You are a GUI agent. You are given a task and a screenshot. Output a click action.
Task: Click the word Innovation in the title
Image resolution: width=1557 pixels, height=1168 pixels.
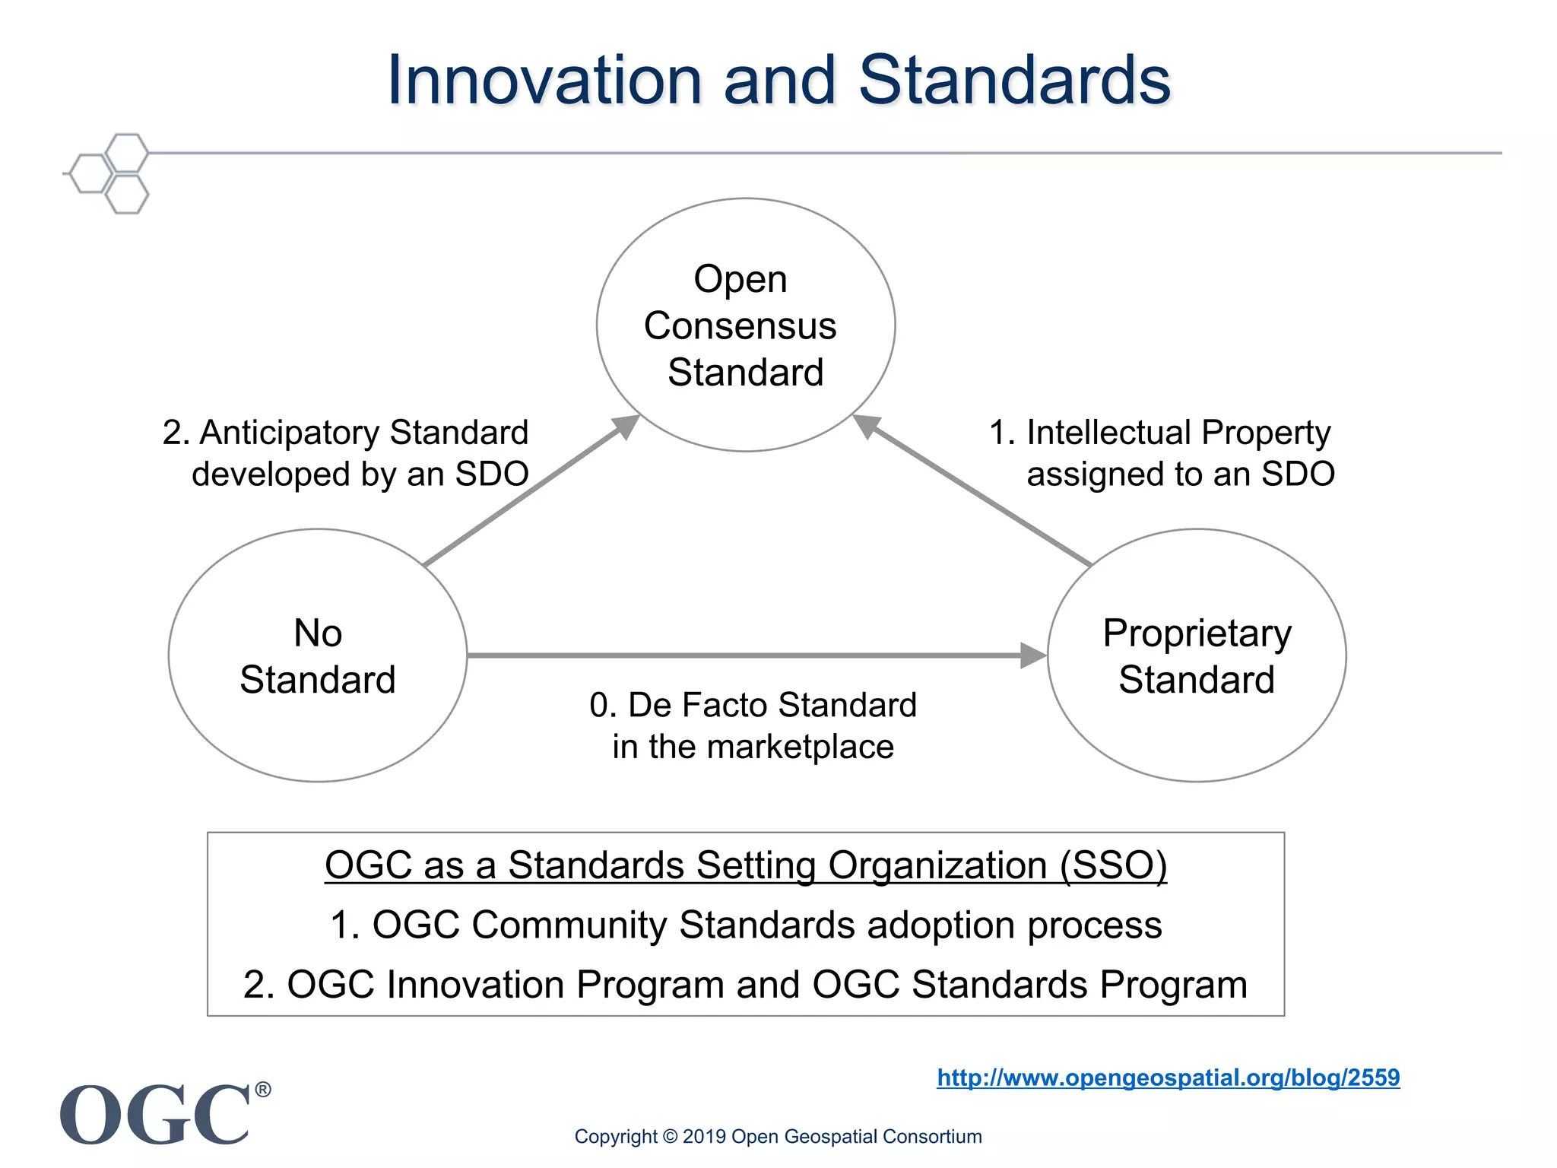(544, 81)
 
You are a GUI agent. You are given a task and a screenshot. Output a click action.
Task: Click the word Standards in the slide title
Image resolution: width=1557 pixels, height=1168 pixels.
(1014, 81)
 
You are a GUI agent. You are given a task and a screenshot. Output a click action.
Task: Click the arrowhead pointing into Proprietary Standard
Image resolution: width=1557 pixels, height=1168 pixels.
(1033, 655)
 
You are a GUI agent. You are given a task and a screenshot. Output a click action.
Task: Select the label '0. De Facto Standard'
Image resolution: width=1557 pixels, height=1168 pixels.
(753, 705)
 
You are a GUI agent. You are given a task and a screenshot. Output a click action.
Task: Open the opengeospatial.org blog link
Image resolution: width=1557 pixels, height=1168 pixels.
(1168, 1078)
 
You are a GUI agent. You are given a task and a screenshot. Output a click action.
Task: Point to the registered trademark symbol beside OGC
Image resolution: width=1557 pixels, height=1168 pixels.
(262, 1090)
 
